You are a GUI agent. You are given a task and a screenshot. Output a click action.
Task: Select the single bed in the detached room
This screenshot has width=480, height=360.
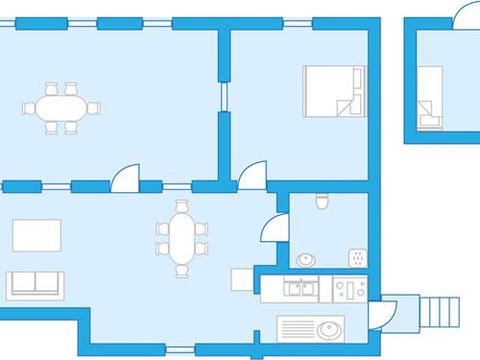tap(429, 97)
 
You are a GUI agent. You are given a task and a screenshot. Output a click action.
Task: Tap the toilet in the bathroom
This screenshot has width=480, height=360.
tap(323, 201)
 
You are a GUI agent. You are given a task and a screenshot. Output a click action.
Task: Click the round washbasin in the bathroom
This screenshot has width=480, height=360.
tap(306, 259)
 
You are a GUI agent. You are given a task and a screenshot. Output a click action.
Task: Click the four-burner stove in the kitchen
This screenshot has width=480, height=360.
tap(348, 288)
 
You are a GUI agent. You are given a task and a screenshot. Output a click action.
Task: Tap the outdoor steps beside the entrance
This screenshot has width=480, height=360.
tap(443, 311)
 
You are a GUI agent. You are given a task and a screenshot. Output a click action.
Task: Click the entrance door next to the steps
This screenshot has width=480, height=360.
tap(383, 313)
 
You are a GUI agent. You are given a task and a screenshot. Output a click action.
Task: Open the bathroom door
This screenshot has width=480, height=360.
tap(274, 227)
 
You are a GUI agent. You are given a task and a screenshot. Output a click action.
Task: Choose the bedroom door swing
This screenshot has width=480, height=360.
tap(252, 175)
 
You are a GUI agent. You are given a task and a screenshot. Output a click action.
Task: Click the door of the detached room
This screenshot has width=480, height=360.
tap(460, 11)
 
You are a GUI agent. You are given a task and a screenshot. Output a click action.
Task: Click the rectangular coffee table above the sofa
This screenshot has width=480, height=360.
tap(36, 235)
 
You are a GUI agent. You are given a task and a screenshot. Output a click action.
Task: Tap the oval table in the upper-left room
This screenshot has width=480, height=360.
tap(61, 107)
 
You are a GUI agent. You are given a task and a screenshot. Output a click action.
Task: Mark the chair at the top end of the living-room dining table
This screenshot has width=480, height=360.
tap(181, 206)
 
